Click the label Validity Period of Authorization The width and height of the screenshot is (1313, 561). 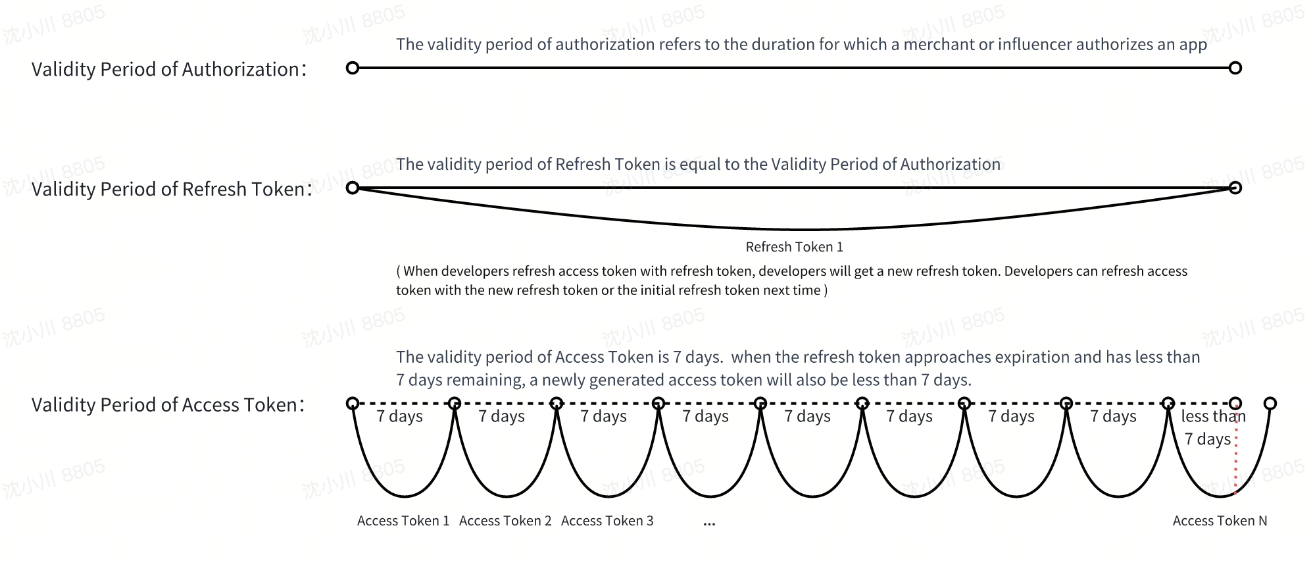tap(169, 69)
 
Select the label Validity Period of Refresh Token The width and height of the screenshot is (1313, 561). tap(172, 189)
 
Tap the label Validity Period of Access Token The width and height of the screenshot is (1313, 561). tap(168, 404)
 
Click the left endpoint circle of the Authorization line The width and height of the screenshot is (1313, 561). tap(353, 68)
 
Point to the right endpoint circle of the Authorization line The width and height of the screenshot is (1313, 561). tap(1235, 68)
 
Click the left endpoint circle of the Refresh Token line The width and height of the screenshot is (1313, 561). tap(353, 188)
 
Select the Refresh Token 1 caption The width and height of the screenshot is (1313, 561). tap(794, 247)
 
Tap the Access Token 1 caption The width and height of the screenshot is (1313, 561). tap(403, 521)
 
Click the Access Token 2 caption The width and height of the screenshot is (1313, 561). tap(505, 521)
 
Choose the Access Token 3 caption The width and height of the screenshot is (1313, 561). tap(607, 521)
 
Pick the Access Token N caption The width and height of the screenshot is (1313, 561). tap(1220, 521)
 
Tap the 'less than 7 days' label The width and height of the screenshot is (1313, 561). tap(1213, 427)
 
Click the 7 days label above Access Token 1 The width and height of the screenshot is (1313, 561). tap(399, 416)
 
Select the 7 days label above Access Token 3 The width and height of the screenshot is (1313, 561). tap(603, 416)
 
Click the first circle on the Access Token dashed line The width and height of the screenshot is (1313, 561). tap(353, 403)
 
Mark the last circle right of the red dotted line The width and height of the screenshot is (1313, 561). tap(1270, 403)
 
